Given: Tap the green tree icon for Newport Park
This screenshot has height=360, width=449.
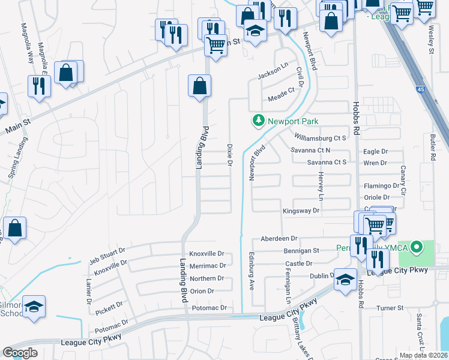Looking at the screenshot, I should pos(259,121).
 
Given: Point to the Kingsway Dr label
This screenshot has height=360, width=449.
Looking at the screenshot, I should pos(301,211).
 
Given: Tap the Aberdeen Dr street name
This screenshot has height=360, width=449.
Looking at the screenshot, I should pos(279,238).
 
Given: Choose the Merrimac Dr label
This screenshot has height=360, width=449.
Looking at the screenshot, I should pos(207,265).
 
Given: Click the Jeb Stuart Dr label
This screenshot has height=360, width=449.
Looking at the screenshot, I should pos(107,254).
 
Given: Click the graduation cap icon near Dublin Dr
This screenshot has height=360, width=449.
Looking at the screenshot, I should pos(345,280).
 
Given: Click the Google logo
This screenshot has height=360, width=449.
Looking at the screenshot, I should pos(20,353).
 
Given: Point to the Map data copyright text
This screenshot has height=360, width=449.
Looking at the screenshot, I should pos(423,355).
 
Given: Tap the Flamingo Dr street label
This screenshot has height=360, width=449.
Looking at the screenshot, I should pos(379,186).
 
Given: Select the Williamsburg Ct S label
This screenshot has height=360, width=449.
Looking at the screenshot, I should pos(321,138).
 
